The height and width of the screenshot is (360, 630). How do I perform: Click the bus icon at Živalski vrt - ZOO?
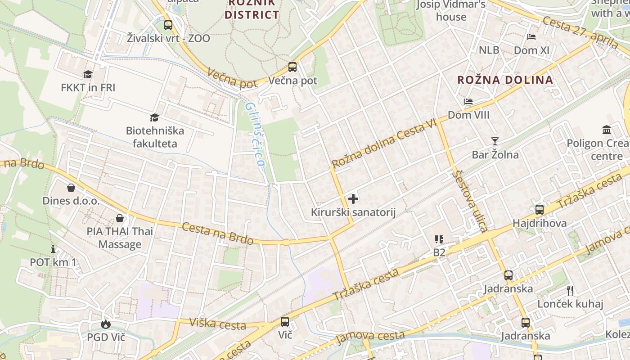tap(168, 25)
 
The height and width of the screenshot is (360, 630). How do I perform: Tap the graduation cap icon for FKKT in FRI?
tap(88, 74)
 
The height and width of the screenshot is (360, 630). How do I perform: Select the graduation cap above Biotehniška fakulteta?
tap(154, 117)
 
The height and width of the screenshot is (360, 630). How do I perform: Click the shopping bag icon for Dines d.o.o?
tap(71, 187)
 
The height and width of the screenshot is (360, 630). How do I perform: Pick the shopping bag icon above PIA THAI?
tap(120, 218)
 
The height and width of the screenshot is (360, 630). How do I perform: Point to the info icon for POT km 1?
tap(53, 248)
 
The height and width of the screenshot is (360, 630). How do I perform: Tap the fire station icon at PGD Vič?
tap(106, 324)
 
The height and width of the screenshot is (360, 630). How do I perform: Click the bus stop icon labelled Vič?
tap(285, 321)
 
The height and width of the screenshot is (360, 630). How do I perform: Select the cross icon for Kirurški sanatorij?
tap(353, 198)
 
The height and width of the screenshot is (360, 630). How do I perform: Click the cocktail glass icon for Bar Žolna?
tap(495, 141)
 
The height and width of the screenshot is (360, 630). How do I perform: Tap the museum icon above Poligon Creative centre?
tap(607, 130)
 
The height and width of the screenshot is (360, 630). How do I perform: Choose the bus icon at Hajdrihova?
tap(539, 209)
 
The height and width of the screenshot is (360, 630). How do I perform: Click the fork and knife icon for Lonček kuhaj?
tap(570, 290)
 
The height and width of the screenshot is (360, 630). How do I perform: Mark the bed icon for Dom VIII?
tap(468, 102)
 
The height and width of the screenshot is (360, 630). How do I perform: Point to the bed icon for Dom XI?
tap(531, 37)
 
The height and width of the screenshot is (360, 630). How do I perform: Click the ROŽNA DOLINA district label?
tap(505, 80)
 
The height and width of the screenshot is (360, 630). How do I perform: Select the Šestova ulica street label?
tap(470, 200)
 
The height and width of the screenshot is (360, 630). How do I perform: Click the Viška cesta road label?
tap(217, 323)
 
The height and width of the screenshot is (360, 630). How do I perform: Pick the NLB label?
tap(489, 50)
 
